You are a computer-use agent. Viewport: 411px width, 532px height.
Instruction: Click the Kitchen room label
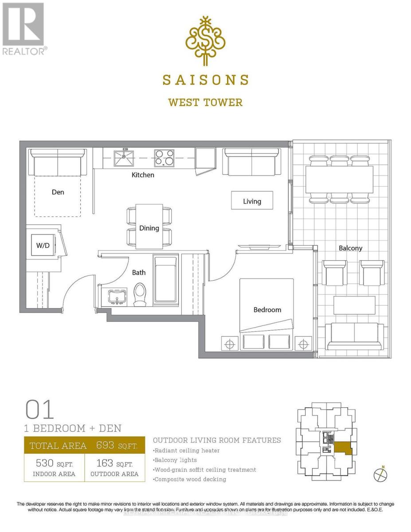tap(143, 175)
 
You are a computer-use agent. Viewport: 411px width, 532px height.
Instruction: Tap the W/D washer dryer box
tap(43, 245)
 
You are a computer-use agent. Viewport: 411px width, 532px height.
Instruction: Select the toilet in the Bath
tap(140, 294)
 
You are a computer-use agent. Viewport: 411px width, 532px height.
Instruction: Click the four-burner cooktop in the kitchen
tap(164, 157)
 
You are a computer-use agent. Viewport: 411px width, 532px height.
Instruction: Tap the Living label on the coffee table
tap(252, 201)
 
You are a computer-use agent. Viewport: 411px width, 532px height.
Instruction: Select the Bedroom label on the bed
tap(267, 310)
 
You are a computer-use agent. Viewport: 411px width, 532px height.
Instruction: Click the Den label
tap(58, 192)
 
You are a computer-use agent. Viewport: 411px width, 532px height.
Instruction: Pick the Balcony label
tap(350, 248)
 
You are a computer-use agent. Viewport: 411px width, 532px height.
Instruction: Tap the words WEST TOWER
tap(205, 102)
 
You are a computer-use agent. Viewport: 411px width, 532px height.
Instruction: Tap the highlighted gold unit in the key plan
tap(343, 448)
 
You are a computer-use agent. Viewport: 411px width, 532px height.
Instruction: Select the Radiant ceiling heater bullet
tap(186, 450)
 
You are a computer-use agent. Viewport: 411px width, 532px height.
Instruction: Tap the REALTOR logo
tap(23, 29)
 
